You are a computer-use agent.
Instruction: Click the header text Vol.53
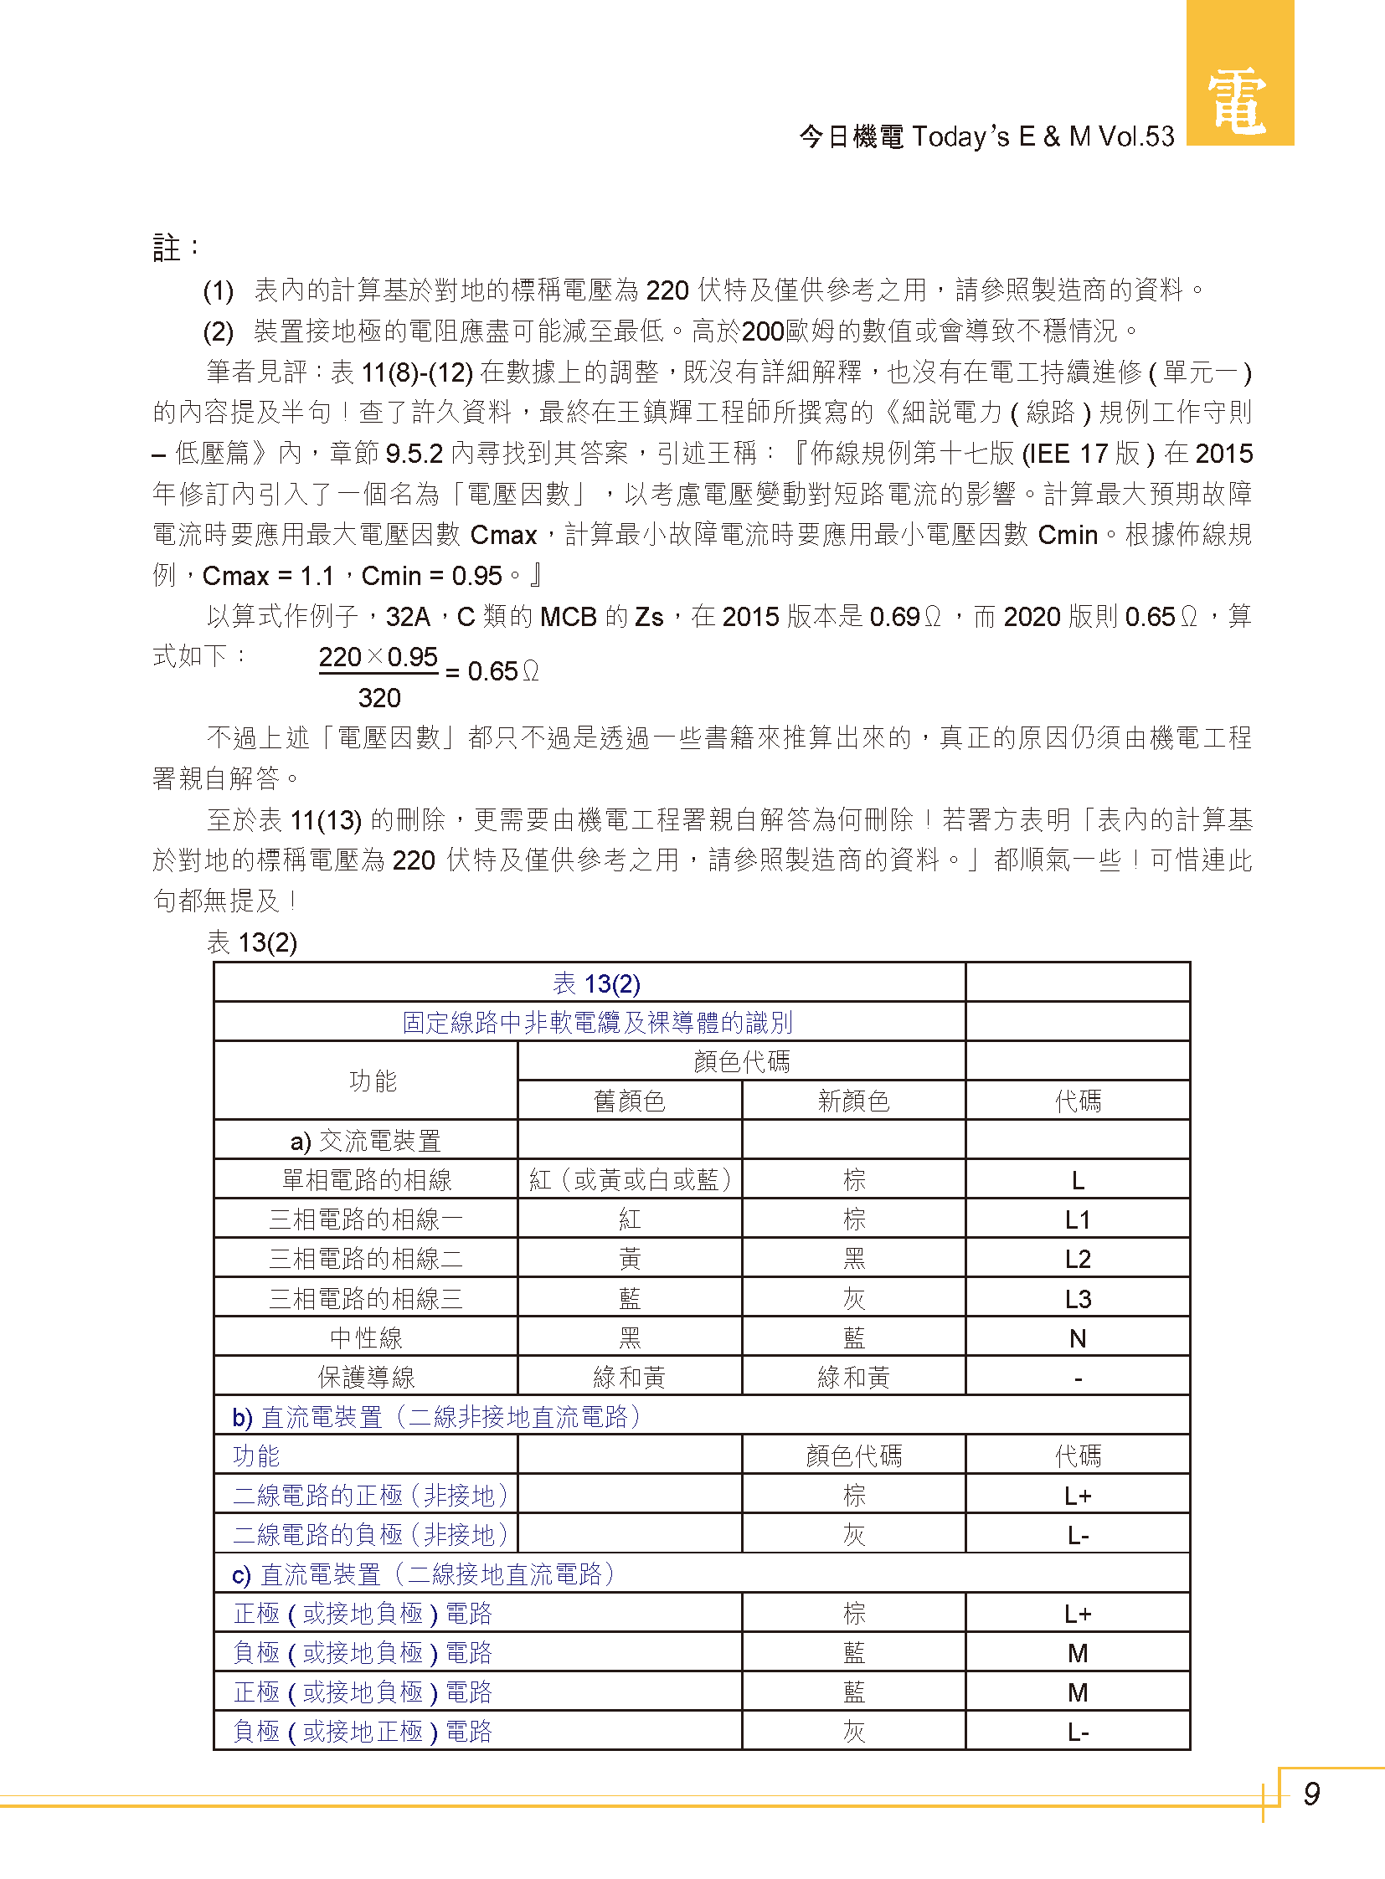tap(1136, 136)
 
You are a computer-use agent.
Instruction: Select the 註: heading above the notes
tap(175, 249)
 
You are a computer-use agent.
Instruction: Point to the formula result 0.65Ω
tap(502, 671)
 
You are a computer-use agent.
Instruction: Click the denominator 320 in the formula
tap(379, 698)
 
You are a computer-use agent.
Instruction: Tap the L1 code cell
tap(1078, 1219)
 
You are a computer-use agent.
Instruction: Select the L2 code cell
tap(1078, 1259)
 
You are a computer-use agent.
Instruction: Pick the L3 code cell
tap(1078, 1299)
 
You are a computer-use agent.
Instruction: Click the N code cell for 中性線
tap(1078, 1338)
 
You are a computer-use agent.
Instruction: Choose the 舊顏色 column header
tap(629, 1101)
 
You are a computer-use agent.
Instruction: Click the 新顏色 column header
tap(853, 1101)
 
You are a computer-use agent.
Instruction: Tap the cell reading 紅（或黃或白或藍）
tap(630, 1180)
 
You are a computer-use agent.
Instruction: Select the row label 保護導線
tap(367, 1377)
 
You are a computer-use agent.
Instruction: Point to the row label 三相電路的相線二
tap(366, 1259)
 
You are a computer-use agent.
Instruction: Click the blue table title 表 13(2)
tap(596, 983)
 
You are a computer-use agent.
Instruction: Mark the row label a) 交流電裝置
tap(366, 1141)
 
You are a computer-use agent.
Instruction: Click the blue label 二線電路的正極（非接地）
tap(371, 1495)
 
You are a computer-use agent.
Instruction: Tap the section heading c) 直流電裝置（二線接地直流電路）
tap(424, 1574)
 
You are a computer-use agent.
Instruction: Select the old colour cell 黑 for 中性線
tap(630, 1338)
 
